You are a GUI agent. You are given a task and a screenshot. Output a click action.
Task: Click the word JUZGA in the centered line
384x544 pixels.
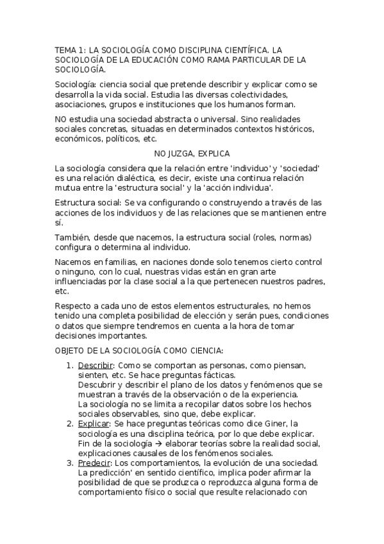point(183,153)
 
